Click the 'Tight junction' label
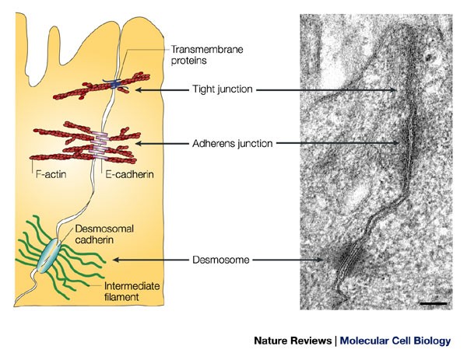(223, 89)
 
